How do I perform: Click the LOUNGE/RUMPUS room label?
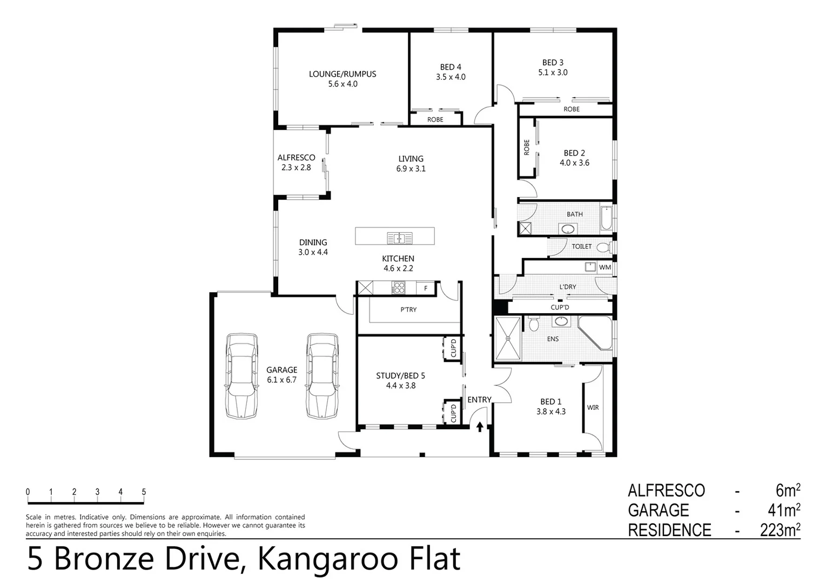(342, 74)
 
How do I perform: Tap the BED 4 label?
(451, 67)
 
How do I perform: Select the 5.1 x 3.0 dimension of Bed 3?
(553, 72)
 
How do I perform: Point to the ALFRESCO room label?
(296, 158)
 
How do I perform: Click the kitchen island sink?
(399, 238)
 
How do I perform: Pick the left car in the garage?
(241, 376)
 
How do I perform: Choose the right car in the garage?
(323, 376)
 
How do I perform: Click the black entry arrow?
(480, 427)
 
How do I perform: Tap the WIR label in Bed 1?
(593, 408)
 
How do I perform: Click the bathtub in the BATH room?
(606, 221)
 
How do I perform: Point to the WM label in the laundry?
(605, 267)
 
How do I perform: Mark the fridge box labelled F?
(426, 289)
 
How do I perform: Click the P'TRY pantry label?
(408, 310)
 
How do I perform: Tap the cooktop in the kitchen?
(399, 288)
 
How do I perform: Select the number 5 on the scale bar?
(144, 492)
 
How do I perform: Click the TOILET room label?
(581, 247)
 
